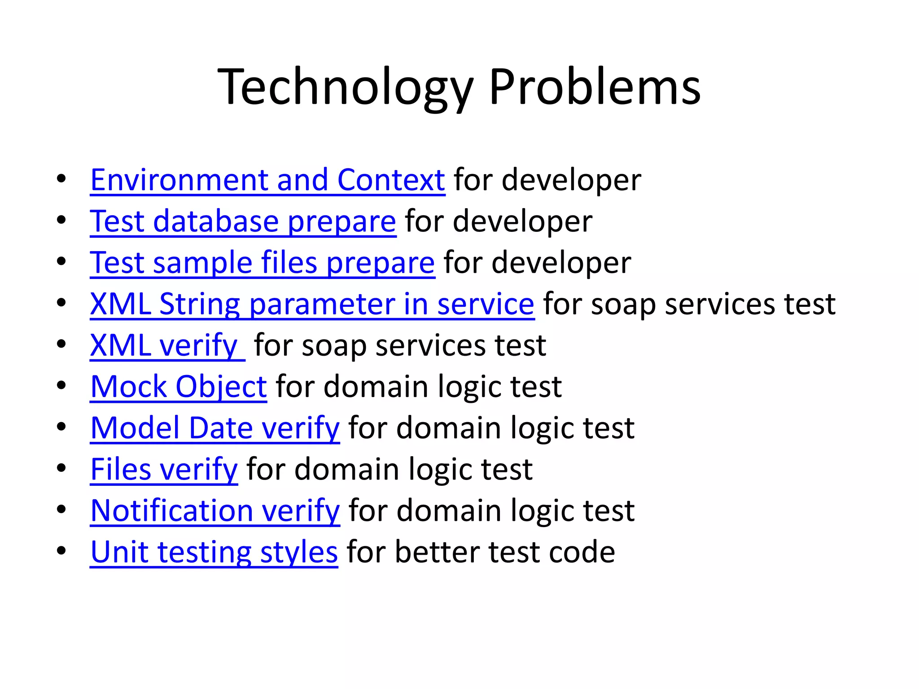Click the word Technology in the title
point(346,87)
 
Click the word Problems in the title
point(595,87)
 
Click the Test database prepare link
point(243,222)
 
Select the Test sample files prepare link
point(262,263)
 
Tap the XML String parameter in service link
point(312,304)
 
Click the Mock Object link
point(179,387)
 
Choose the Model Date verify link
point(215,428)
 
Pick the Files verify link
point(164,470)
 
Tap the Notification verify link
point(215,511)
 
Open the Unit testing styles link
point(214,552)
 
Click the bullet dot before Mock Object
point(61,385)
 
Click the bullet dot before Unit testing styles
point(61,550)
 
